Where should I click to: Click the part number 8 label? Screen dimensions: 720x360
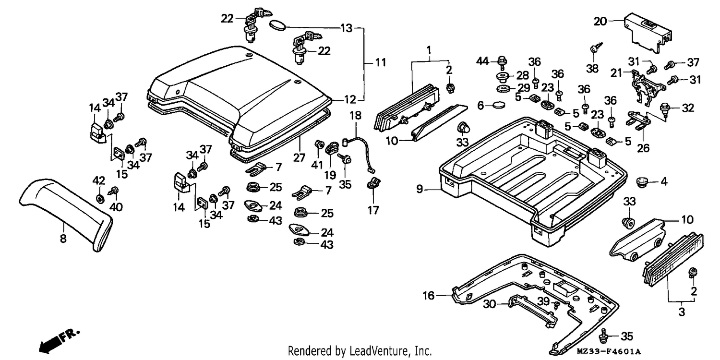(63, 239)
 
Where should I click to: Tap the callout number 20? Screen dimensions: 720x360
(600, 22)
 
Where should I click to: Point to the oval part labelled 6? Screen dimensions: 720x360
(499, 105)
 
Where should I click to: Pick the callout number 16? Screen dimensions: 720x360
(429, 295)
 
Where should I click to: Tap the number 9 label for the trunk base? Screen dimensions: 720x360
(420, 189)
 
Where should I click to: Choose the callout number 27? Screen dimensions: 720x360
(299, 158)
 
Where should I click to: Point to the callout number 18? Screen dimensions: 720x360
(356, 116)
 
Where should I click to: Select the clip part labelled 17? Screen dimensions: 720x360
(372, 184)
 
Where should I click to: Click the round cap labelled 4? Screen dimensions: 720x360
(642, 182)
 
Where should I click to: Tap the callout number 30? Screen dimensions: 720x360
(490, 304)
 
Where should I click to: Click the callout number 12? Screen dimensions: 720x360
(350, 100)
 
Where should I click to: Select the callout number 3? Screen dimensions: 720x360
(682, 312)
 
